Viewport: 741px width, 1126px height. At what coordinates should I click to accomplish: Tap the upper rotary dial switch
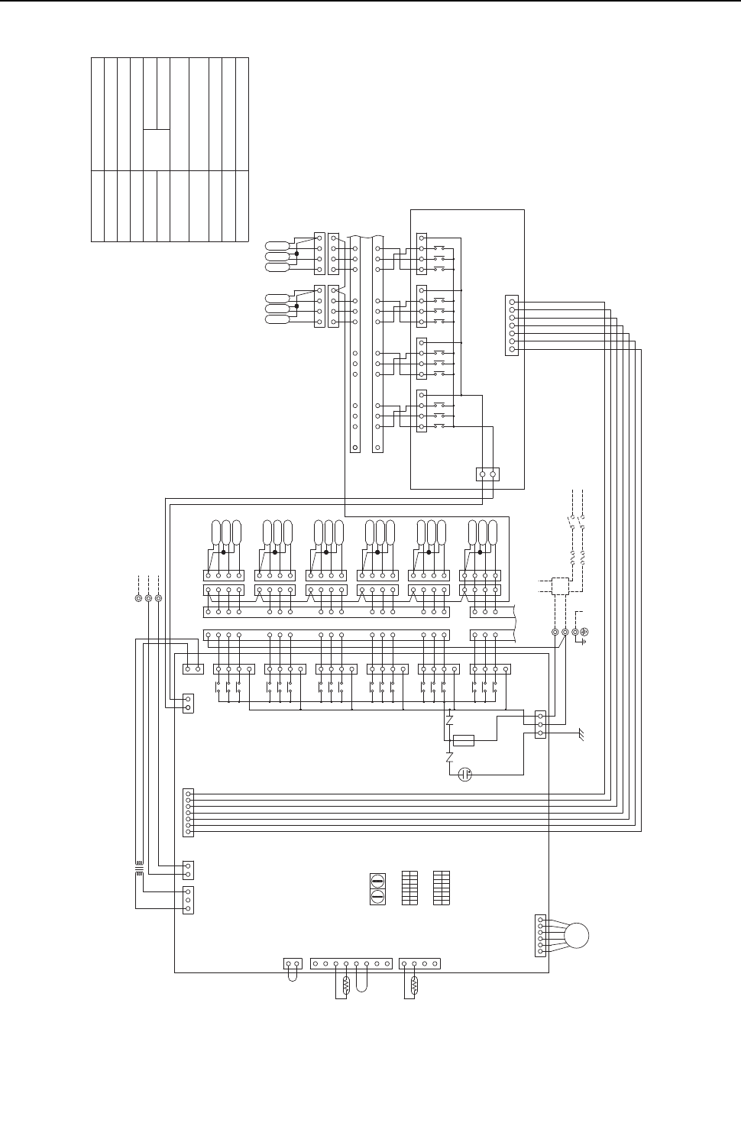377,880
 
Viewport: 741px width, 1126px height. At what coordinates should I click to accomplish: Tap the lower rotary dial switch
377,897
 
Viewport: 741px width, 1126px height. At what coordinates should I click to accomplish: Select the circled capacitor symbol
464,775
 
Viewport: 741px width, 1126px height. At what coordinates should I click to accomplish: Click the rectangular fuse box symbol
463,740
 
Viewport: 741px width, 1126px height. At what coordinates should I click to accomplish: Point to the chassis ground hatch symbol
582,734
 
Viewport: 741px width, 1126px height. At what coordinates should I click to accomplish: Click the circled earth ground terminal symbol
584,632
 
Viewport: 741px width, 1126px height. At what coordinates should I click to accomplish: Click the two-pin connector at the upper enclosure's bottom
487,474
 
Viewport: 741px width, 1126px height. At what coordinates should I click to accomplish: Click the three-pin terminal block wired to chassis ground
540,723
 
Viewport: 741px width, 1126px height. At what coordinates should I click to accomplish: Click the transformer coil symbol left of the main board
139,870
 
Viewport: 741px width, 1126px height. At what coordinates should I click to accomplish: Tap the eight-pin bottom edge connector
351,963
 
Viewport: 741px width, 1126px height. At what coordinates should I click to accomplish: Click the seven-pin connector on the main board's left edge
189,812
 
